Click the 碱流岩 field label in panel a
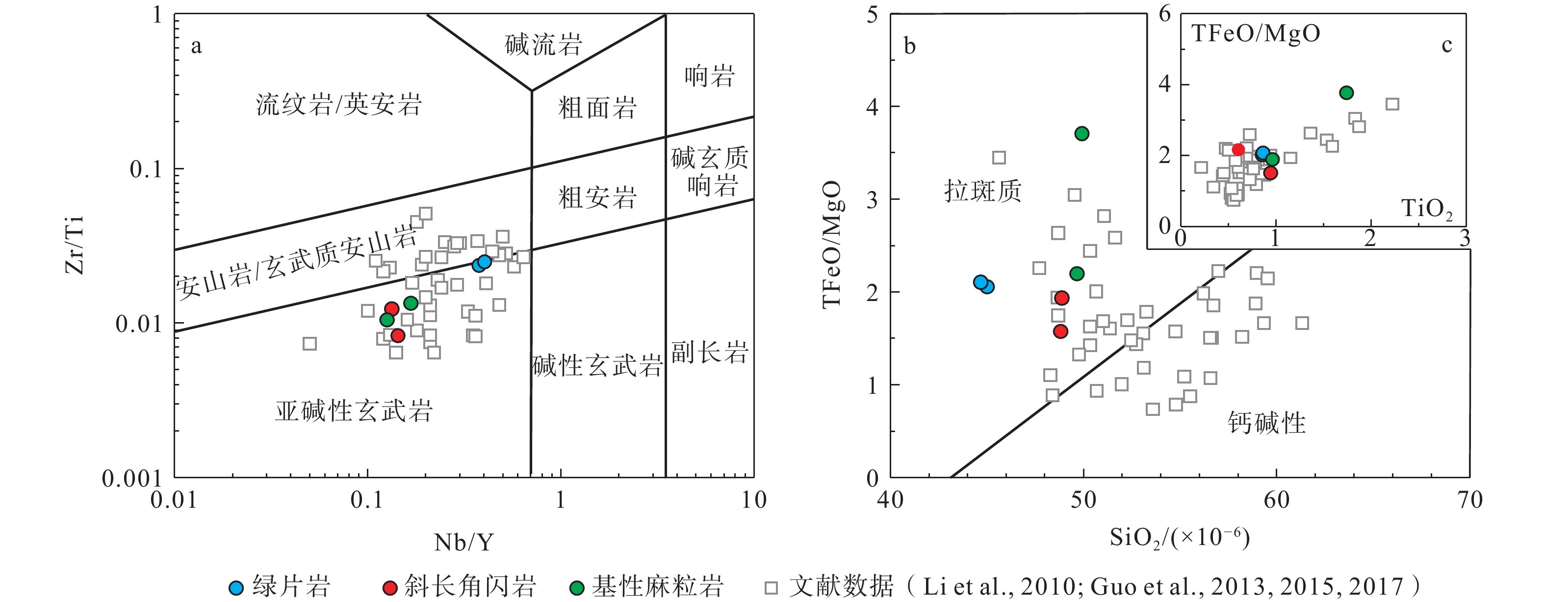point(543,44)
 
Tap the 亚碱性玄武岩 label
point(353,411)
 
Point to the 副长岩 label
point(710,353)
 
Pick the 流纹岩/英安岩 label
point(339,105)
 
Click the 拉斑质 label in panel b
point(982,191)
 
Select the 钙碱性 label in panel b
point(1266,423)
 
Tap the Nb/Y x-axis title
point(463,543)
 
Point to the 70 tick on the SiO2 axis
point(1469,500)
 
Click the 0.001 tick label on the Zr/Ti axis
point(132,479)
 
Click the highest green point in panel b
point(1081,133)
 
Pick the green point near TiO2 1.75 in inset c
point(1346,92)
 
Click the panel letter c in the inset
point(1446,45)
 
